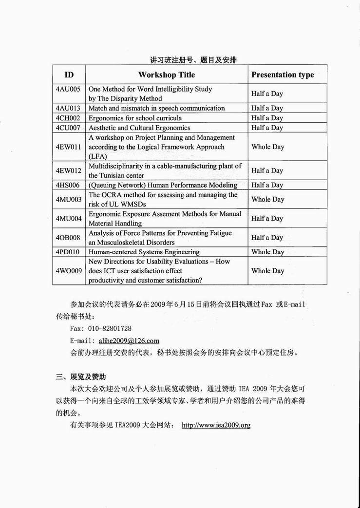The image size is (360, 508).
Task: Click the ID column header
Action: click(69, 75)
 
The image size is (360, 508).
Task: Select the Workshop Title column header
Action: click(166, 75)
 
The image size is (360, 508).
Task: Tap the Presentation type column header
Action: click(283, 75)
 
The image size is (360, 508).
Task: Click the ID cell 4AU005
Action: click(68, 90)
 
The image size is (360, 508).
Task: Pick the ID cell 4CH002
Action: click(68, 118)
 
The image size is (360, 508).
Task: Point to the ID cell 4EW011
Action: click(68, 147)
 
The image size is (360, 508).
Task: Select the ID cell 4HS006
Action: click(68, 185)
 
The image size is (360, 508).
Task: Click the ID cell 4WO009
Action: click(68, 271)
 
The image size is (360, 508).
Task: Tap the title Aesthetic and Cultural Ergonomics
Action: click(139, 128)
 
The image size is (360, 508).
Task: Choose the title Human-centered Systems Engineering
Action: click(144, 252)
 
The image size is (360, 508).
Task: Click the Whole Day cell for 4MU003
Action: click(267, 199)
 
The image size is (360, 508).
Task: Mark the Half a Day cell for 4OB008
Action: click(267, 238)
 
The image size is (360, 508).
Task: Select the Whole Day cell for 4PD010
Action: click(267, 252)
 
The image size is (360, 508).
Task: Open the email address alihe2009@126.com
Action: click(129, 341)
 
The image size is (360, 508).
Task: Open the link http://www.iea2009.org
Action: click(216, 425)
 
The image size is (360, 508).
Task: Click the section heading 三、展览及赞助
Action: click(81, 377)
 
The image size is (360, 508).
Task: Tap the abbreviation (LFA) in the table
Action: click(97, 156)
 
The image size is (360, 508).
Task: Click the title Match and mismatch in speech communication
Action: click(156, 108)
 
